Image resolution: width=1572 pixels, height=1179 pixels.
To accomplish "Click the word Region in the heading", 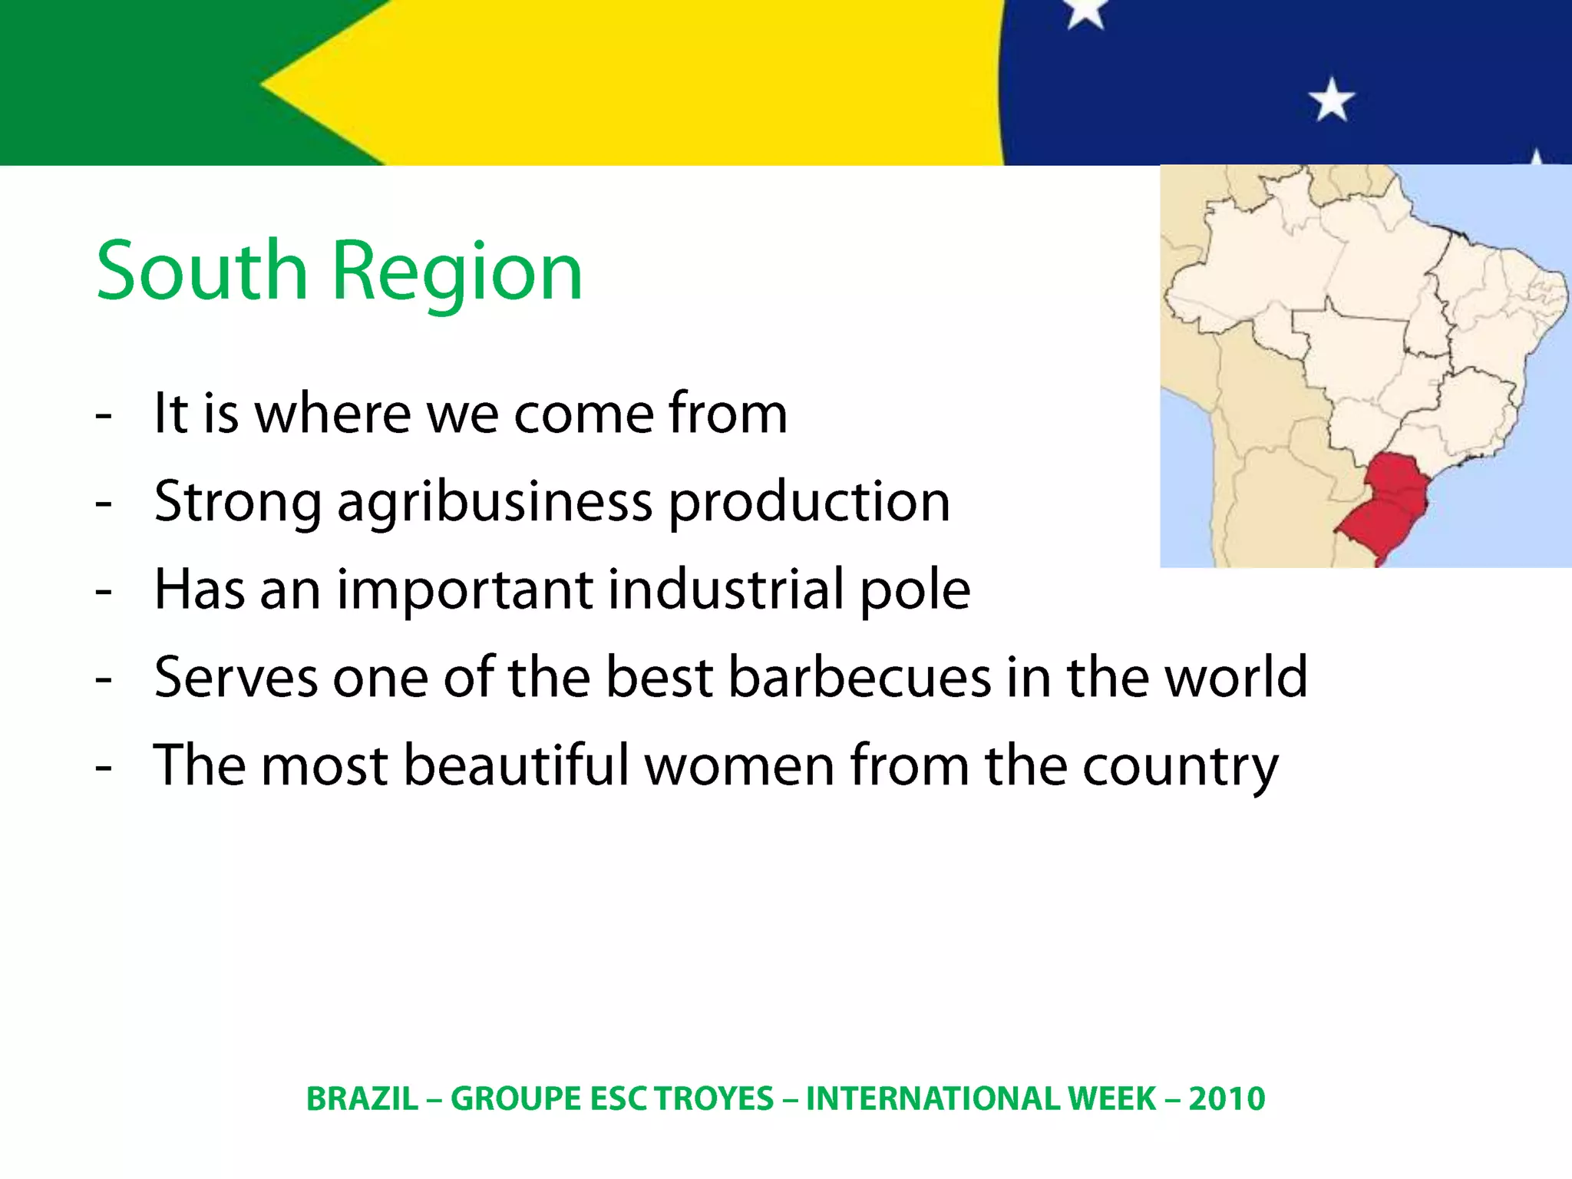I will pos(457,272).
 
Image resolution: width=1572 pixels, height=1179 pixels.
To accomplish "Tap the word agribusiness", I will pos(495,503).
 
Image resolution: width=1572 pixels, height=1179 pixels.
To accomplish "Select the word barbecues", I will pos(860,677).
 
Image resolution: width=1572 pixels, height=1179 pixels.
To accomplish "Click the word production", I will pos(809,503).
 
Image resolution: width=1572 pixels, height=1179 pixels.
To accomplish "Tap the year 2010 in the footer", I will pos(1227,1098).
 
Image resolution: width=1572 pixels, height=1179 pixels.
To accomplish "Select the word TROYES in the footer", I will pos(713,1098).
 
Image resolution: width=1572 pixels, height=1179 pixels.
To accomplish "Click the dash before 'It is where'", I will pos(104,415).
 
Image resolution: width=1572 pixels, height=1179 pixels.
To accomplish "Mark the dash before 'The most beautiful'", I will pos(104,767).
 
